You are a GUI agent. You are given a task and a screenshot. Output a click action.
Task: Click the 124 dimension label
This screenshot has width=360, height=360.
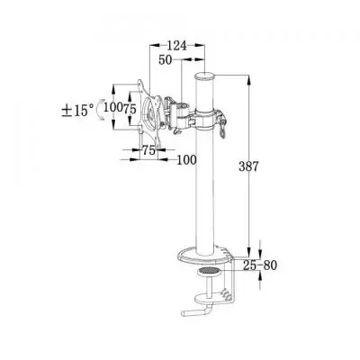(x=176, y=46)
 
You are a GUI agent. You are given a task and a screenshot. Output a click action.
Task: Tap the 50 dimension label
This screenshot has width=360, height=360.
(x=166, y=60)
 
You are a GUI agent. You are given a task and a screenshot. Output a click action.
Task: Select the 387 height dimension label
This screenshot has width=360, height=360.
(x=248, y=166)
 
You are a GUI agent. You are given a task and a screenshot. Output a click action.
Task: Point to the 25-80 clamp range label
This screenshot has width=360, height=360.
(x=260, y=265)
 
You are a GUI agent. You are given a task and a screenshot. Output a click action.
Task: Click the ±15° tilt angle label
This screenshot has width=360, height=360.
(x=77, y=111)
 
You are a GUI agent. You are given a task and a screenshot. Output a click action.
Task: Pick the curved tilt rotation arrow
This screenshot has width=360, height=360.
(x=100, y=110)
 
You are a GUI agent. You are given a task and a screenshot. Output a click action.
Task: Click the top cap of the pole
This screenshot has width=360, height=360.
(x=204, y=76)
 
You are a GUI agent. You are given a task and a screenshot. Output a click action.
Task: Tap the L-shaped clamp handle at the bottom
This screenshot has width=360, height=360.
(x=197, y=310)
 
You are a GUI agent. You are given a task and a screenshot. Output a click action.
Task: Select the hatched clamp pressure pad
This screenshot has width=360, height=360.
(x=209, y=271)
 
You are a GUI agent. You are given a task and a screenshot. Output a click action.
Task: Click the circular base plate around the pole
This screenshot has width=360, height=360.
(x=205, y=256)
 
